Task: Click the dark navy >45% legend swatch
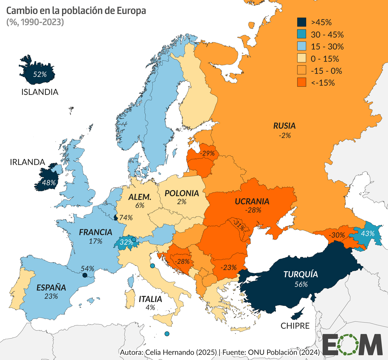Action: pos(302,22)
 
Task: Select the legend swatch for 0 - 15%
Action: pos(302,59)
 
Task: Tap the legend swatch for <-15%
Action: pos(302,83)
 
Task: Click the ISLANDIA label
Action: pos(40,92)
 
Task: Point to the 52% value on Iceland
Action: pos(40,74)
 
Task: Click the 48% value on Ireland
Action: pos(49,183)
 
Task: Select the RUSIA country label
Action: pos(284,126)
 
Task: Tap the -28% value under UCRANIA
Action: pos(253,210)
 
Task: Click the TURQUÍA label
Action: pos(301,274)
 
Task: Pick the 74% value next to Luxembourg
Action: pos(126,218)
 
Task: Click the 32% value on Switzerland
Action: pos(126,242)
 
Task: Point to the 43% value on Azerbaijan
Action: pos(368,233)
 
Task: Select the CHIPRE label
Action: pos(295,326)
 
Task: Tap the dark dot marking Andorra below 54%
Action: pos(84,275)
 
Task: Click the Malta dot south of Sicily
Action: pos(167,334)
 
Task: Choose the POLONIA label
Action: pos(182,193)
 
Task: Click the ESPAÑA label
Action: pos(51,288)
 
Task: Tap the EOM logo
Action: pos(352,344)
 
